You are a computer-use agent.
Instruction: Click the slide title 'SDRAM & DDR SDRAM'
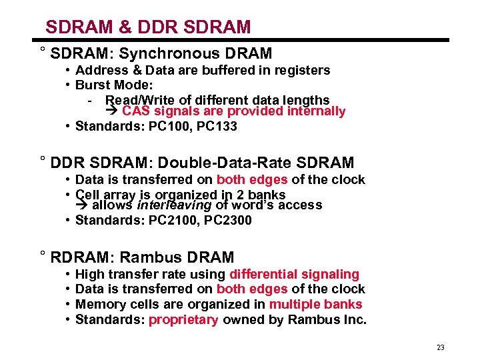pos(148,27)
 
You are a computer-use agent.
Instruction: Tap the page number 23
pos(440,347)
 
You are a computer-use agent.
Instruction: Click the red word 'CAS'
pos(137,111)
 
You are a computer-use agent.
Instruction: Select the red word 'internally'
pos(316,111)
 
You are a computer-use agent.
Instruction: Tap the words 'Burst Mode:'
pos(114,85)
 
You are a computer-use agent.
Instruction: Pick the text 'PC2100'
pos(167,220)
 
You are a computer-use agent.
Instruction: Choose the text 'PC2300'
pos(227,220)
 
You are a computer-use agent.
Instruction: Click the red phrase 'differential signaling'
pos(294,274)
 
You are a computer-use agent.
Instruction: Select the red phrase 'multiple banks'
pos(315,304)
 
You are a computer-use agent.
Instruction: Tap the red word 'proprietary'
pos(183,319)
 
